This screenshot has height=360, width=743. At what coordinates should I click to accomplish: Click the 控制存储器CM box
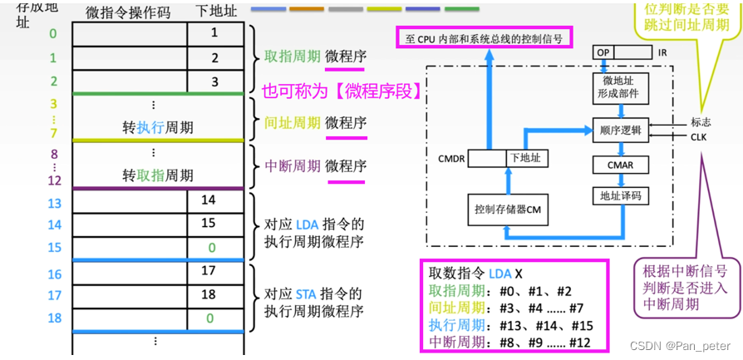point(508,210)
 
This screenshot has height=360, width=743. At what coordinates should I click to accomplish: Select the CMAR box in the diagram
point(620,165)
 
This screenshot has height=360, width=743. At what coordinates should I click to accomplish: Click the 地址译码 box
point(620,196)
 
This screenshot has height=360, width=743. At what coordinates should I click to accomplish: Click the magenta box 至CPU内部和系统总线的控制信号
point(483,38)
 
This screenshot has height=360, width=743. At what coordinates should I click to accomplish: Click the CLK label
point(699,137)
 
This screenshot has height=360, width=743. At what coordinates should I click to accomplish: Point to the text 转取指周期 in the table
point(158,175)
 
